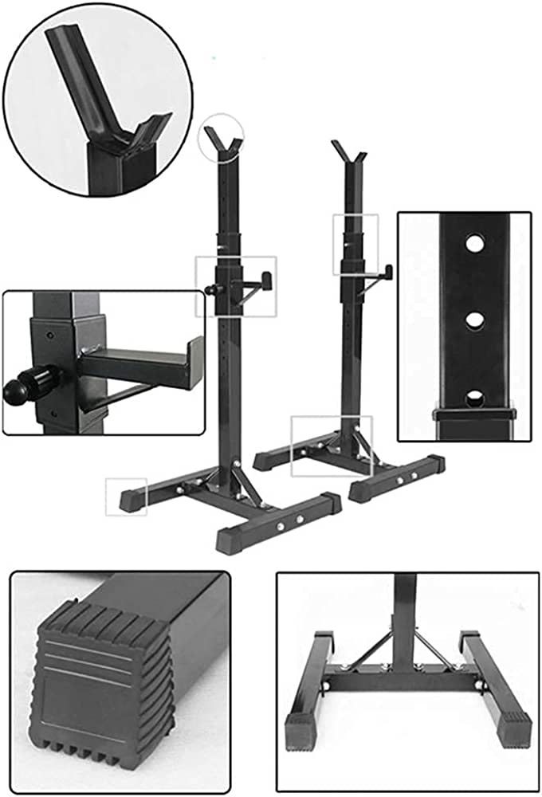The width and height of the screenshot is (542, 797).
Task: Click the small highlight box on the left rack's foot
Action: [x=128, y=497]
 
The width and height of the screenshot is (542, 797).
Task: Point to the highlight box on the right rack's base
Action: [x=332, y=446]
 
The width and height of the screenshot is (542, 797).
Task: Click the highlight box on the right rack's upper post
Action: [x=355, y=244]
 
